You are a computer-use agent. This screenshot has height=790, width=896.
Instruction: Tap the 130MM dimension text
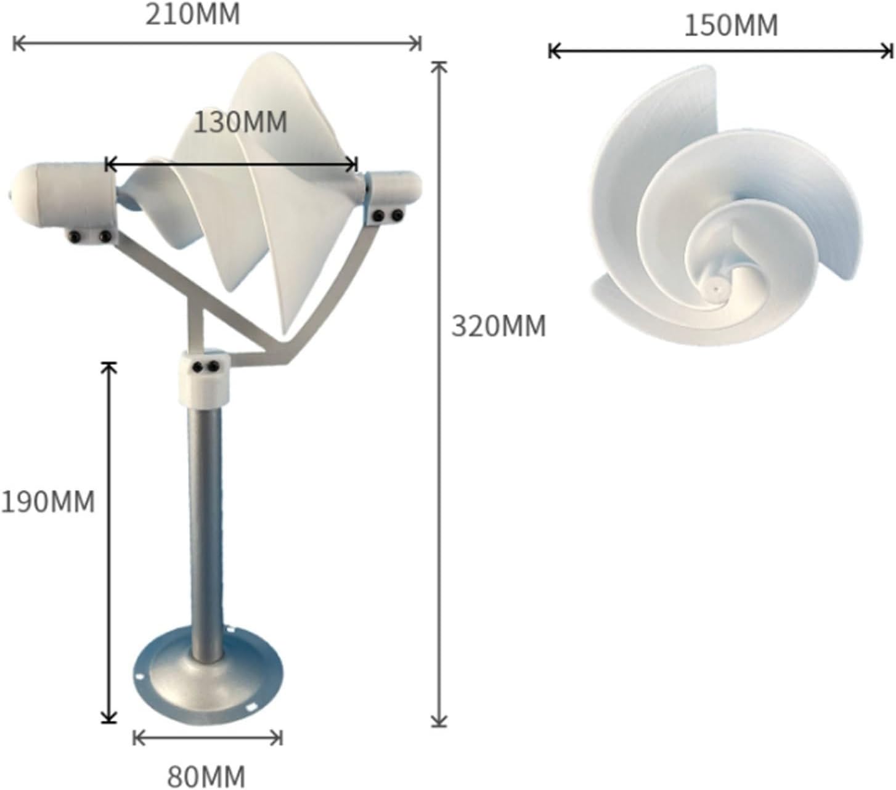[240, 123]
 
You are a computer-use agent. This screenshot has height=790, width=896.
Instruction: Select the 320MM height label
[499, 326]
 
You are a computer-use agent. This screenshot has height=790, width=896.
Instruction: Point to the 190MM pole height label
[48, 502]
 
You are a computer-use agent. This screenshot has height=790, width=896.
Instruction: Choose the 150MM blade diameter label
[731, 26]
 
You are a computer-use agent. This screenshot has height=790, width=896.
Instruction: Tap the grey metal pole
[206, 530]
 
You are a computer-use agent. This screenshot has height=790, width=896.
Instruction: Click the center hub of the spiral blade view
[715, 287]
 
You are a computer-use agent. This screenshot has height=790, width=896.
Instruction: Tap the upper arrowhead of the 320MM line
[438, 66]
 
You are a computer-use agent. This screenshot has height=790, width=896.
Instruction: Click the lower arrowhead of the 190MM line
[109, 719]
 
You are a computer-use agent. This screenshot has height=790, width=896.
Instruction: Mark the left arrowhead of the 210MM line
[17, 44]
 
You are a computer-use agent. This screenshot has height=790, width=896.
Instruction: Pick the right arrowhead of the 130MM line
[353, 165]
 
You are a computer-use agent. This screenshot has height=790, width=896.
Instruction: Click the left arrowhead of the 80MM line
[137, 737]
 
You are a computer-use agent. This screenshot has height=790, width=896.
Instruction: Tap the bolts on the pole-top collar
[205, 367]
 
